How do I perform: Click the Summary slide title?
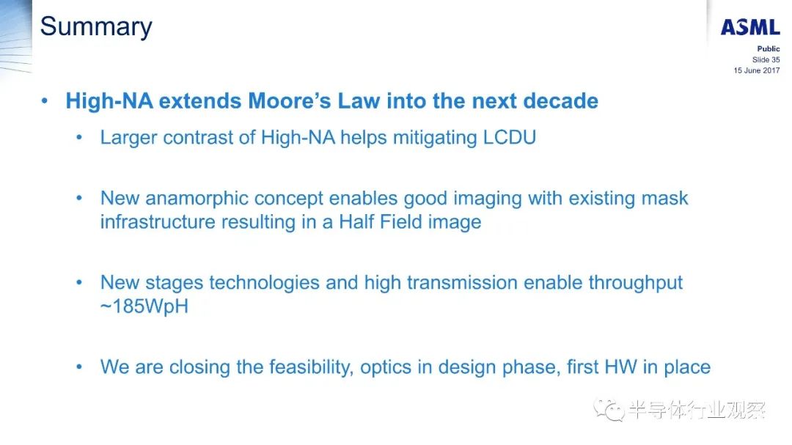96,27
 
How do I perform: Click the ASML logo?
750,27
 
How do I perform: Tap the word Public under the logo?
769,48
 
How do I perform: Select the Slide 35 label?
766,59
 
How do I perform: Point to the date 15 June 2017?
757,70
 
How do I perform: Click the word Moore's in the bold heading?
289,101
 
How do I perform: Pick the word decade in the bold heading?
560,101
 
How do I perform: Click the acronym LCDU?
509,137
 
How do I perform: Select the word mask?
664,198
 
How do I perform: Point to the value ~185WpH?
144,306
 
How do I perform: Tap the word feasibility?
311,367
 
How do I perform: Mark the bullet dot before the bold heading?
45,101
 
